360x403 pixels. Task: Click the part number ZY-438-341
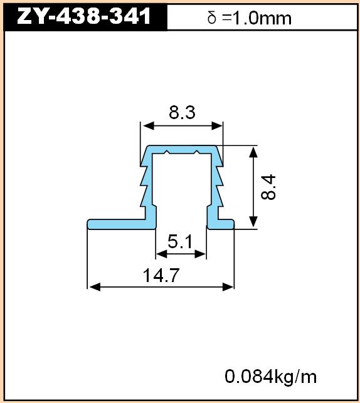click(x=84, y=16)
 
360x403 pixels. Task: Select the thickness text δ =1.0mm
click(x=249, y=18)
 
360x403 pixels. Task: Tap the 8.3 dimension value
click(x=182, y=112)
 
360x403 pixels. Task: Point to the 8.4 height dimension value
click(x=268, y=187)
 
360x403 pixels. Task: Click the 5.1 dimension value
click(x=180, y=241)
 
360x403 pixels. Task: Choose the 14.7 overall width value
click(x=161, y=275)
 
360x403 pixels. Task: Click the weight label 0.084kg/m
click(x=270, y=377)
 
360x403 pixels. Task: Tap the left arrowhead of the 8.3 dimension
click(x=149, y=126)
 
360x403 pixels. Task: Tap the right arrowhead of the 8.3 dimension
click(x=217, y=126)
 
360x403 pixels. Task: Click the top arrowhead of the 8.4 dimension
click(x=253, y=152)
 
